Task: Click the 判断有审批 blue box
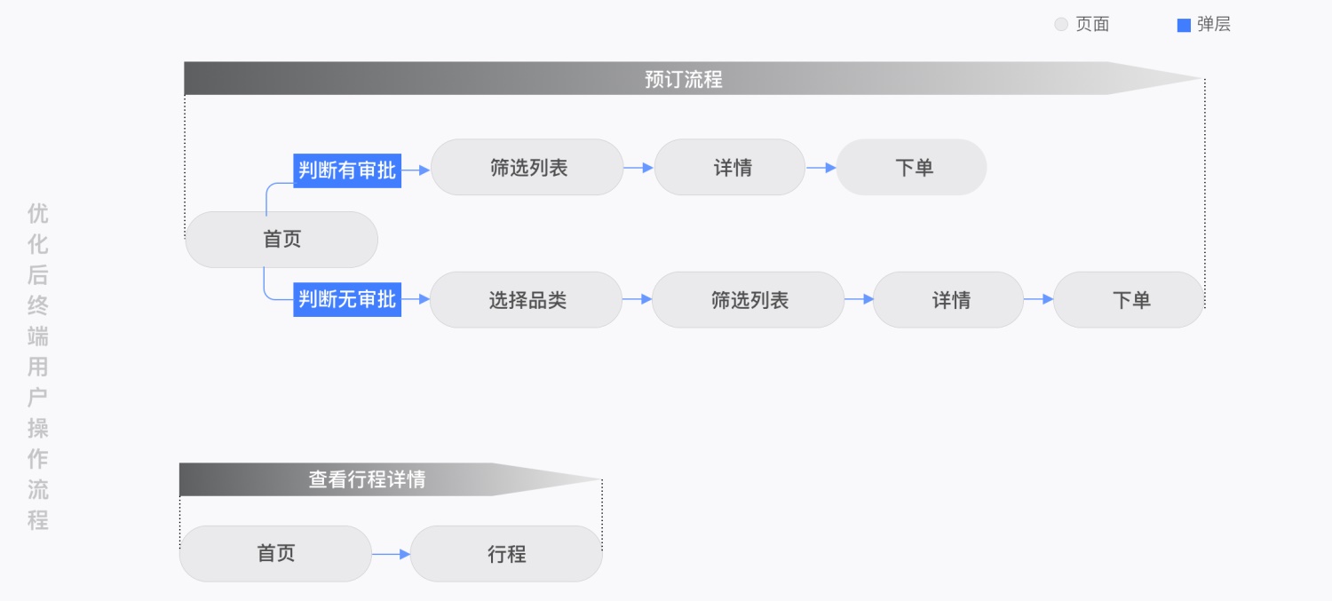point(347,169)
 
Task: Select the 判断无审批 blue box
point(347,299)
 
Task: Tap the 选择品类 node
point(527,300)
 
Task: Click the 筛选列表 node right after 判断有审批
point(527,168)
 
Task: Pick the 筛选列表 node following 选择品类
point(749,300)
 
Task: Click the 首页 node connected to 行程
point(275,554)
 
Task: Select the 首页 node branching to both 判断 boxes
point(281,240)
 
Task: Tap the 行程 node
point(506,554)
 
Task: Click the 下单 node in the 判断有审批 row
point(912,168)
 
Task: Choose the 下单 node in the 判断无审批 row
point(1129,300)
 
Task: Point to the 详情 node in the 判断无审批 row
point(949,300)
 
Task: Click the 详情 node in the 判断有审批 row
point(731,168)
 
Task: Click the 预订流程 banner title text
point(683,79)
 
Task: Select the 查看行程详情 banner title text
point(367,479)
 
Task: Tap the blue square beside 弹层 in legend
point(1184,25)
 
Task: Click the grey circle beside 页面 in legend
point(1061,25)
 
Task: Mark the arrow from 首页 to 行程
point(391,554)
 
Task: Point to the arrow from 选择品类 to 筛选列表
point(638,300)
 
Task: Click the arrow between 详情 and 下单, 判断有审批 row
point(821,168)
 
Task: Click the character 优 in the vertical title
point(38,214)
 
